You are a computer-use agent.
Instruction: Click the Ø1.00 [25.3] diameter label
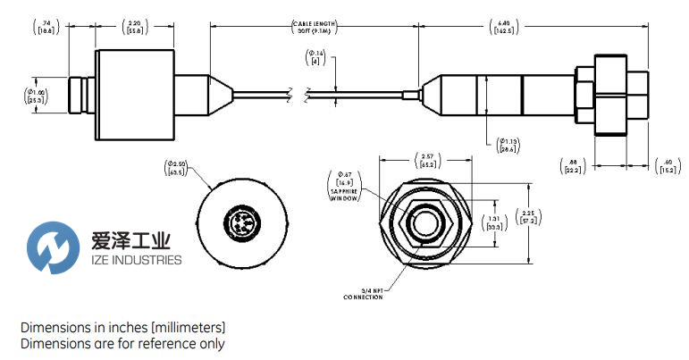pos(38,96)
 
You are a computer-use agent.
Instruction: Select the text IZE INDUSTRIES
pos(137,260)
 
